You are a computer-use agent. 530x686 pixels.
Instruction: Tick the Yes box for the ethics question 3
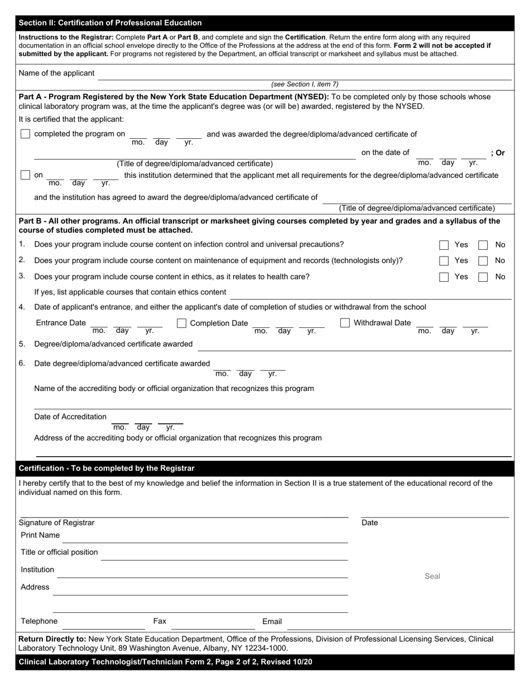click(x=444, y=277)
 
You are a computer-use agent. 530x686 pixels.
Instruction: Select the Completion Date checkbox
click(x=181, y=323)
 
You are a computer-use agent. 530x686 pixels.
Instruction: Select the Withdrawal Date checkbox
click(x=345, y=323)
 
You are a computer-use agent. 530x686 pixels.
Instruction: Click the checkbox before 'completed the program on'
click(x=25, y=134)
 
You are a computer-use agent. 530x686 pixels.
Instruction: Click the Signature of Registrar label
click(x=56, y=523)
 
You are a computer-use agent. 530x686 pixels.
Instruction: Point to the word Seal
click(x=432, y=576)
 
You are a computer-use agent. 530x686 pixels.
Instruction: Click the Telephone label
click(x=39, y=621)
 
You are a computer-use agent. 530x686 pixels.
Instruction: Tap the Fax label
click(x=160, y=621)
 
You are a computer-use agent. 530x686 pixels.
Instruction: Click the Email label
click(x=272, y=621)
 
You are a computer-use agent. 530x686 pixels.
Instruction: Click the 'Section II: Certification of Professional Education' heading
click(x=110, y=23)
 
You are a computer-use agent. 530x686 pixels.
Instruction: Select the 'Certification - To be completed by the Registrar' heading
click(x=107, y=468)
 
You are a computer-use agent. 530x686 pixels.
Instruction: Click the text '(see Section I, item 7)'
click(x=305, y=84)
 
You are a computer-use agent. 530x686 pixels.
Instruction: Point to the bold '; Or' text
click(x=498, y=153)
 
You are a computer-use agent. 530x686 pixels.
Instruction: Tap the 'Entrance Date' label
click(x=61, y=323)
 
